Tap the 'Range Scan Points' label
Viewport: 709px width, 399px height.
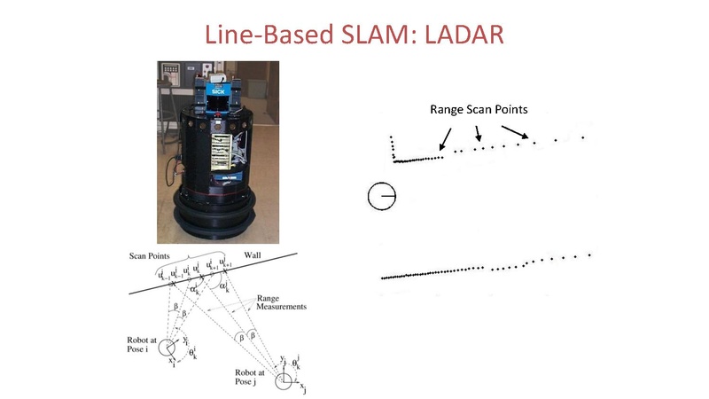pyautogui.click(x=479, y=110)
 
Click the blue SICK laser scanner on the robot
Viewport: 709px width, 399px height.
pyautogui.click(x=218, y=91)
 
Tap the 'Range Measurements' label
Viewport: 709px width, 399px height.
pyautogui.click(x=281, y=303)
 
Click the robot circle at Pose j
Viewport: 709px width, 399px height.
pyautogui.click(x=284, y=380)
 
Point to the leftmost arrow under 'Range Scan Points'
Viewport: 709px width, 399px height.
pyautogui.click(x=445, y=137)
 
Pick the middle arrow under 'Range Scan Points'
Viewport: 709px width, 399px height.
pyautogui.click(x=478, y=132)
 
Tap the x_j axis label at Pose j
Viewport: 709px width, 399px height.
pyautogui.click(x=302, y=387)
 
